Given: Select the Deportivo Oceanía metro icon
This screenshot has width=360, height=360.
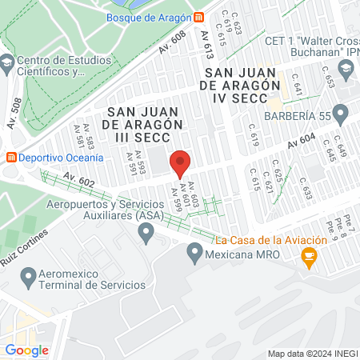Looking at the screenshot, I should [x=10, y=158].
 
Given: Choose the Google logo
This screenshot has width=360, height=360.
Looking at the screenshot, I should [x=27, y=350].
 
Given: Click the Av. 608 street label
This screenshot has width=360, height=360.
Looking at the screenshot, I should [x=171, y=42].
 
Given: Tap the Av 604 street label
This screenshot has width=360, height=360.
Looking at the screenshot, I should [x=302, y=139].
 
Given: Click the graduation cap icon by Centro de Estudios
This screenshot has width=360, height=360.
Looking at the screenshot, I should [x=7, y=61].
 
